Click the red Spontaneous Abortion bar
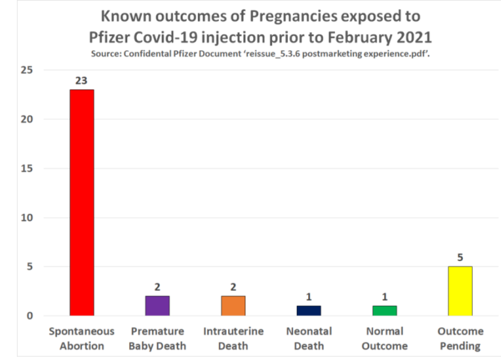pos(82,202)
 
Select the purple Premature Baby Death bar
pos(157,305)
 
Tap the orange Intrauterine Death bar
pos(233,305)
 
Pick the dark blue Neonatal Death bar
pos(309,310)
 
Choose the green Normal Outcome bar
pos(384,310)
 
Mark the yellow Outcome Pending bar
pos(460,291)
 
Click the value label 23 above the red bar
pos(81,81)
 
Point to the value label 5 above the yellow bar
pos(460,258)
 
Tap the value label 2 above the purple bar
pos(157,287)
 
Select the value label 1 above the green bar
pos(384,297)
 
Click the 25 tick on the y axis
pos(27,70)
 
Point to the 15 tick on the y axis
pos(27,168)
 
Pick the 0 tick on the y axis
pos(30,315)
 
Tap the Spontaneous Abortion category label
pos(82,338)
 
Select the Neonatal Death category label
pos(309,338)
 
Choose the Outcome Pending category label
pos(461,338)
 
